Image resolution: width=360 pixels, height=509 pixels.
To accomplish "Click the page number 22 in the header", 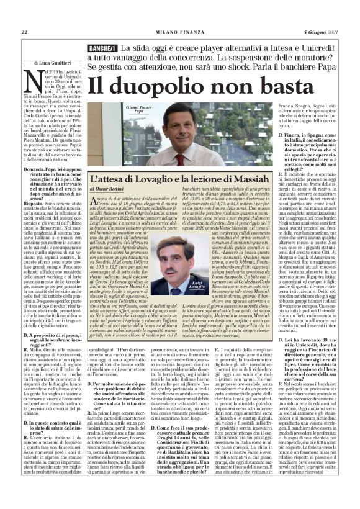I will (24, 32).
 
